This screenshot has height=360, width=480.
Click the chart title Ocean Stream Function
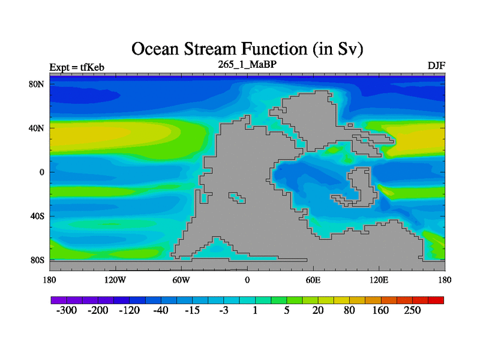[x=219, y=49]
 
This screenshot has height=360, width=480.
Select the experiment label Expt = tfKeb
[x=77, y=67]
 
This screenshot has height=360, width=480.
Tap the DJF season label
[x=436, y=66]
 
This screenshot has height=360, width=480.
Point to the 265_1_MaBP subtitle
[x=247, y=64]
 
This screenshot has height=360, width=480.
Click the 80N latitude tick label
[x=37, y=84]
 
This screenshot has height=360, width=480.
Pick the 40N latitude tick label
[x=37, y=128]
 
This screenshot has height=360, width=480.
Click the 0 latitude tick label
[x=41, y=172]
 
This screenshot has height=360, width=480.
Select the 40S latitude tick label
[x=37, y=216]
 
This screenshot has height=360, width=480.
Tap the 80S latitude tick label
[x=37, y=260]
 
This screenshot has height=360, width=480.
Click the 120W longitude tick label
[x=115, y=280]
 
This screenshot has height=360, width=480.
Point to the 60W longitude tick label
[x=181, y=280]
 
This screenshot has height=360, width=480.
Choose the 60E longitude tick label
[x=313, y=280]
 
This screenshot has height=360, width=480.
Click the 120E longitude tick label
[x=379, y=280]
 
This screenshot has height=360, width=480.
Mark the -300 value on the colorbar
[x=67, y=310]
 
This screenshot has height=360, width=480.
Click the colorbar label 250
[x=412, y=310]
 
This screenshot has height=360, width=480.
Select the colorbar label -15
[x=192, y=310]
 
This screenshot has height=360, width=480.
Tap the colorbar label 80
[x=349, y=310]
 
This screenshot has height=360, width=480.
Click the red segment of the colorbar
[x=436, y=300]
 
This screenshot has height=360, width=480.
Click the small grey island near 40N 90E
[x=350, y=125]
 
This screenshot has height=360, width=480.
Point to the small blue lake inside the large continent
[x=237, y=197]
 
